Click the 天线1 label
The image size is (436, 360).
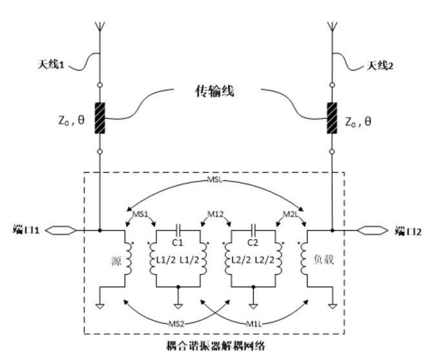51,65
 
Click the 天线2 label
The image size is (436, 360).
380,66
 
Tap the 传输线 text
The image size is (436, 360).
214,91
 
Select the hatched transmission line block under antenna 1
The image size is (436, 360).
100,118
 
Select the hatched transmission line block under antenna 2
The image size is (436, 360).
332,118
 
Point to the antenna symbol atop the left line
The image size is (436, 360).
100,26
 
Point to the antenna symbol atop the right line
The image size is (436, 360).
332,26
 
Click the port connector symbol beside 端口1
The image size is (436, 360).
61,230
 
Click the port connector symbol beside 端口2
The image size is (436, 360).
373,230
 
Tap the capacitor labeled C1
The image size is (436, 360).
178,230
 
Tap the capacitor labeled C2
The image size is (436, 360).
253,230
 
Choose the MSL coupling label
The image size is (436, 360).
215,180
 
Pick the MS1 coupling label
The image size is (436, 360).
140,214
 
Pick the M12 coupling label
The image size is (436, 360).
216,214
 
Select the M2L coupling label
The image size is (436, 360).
291,214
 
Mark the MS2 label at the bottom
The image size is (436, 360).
176,324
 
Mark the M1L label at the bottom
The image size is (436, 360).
254,324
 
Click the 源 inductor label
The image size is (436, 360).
116,261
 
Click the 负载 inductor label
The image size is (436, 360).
324,260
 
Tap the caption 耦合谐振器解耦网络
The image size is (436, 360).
216,346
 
